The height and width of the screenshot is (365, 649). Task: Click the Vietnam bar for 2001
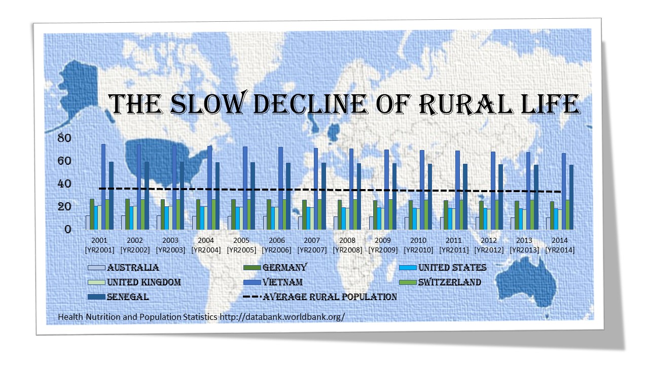(103, 187)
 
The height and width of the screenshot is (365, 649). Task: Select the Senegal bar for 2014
(571, 197)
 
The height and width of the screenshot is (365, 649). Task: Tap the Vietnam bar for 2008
(351, 189)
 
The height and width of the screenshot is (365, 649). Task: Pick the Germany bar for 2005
(233, 214)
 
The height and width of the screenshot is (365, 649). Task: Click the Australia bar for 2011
(442, 224)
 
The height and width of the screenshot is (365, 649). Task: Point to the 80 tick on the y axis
(64, 138)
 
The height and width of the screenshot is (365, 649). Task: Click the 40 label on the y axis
(64, 184)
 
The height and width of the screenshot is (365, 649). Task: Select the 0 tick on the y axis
(68, 230)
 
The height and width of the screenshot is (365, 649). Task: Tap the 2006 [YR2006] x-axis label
(277, 245)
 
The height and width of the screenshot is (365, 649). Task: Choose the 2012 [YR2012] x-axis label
(489, 245)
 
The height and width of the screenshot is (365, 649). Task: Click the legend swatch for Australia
(96, 268)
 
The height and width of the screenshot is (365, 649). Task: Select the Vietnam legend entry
(273, 282)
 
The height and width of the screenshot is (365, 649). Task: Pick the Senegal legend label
(128, 297)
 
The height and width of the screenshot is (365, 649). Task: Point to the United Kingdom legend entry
(134, 282)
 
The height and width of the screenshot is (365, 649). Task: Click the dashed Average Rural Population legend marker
(252, 297)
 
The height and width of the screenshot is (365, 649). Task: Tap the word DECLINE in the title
(310, 104)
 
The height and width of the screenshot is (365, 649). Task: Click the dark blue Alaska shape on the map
(78, 90)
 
